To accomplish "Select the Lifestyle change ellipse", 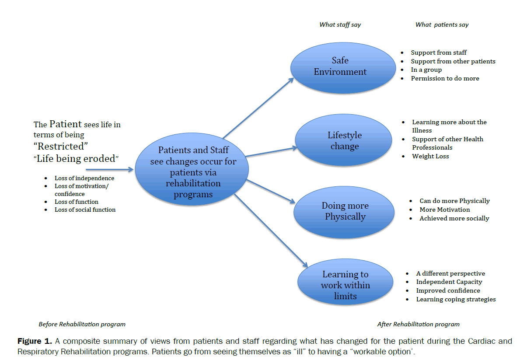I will point(343,141).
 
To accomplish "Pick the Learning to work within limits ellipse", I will point(345,285).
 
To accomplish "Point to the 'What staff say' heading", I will point(340,25).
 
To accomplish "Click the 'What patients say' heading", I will point(442,25).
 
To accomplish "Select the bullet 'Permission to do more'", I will point(445,79).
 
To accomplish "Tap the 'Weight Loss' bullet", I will point(430,157).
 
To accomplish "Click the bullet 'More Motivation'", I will point(445,210).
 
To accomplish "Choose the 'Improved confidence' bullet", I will point(448,291).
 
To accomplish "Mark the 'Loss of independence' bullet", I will point(84,178).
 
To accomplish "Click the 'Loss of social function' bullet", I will point(85,210).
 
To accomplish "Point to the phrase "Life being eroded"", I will point(76,159).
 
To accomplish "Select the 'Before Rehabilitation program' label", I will point(82,325).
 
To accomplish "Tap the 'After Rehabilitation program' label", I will point(418,325).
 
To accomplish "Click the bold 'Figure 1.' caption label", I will point(35,341).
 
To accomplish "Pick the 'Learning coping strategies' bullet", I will point(456,300).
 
